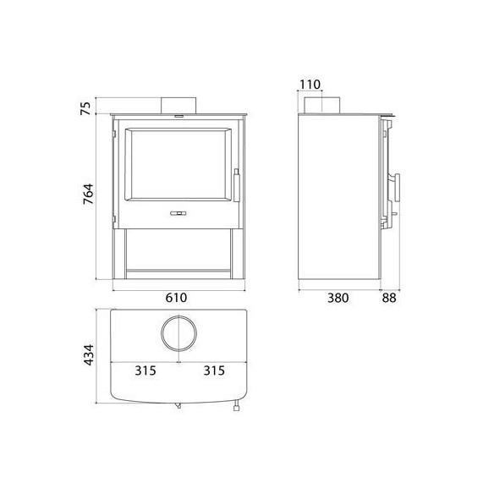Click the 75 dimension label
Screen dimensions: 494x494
click(x=85, y=108)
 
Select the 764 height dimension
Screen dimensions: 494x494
click(x=88, y=194)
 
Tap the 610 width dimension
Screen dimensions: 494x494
click(x=177, y=298)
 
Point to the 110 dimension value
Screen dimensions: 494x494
click(x=310, y=85)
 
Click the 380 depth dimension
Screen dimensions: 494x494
click(x=338, y=298)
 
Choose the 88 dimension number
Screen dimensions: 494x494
click(x=389, y=298)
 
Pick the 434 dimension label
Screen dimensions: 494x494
click(x=89, y=355)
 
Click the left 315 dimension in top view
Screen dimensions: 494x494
click(x=145, y=370)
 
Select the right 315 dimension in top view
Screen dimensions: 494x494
click(x=214, y=370)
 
